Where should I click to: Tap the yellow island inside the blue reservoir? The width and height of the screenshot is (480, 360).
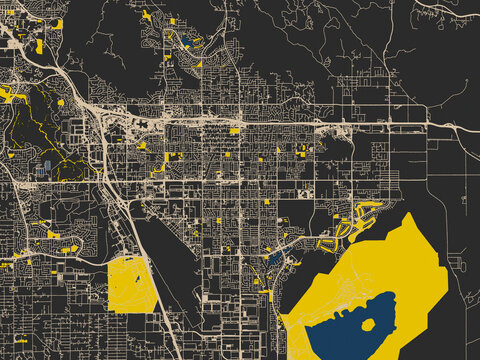click(x=368, y=326)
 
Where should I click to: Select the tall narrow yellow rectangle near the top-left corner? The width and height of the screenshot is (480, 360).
click(x=40, y=46)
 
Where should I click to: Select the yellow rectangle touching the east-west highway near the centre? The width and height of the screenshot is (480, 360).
click(x=234, y=131)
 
